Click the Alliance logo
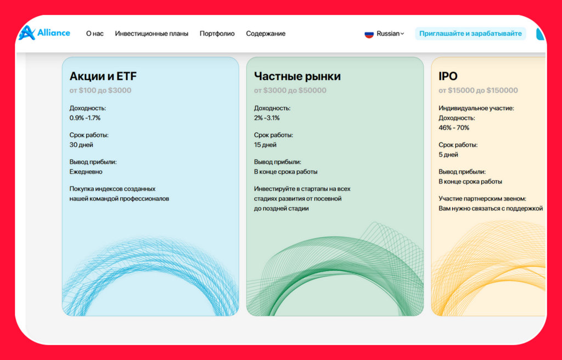point(44,33)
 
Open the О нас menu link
point(94,33)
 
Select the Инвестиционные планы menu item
point(151,33)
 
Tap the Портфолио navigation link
point(217,33)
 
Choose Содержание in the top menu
point(266,33)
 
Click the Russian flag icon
point(369,34)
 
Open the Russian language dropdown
point(390,33)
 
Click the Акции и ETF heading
point(103,76)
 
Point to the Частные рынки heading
point(297,76)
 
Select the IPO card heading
point(448,76)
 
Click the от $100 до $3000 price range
point(100,91)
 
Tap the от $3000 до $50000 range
point(290,91)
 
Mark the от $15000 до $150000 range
point(478,91)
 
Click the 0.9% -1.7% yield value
point(85,117)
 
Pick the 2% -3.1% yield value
point(267,117)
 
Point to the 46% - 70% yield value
point(454,128)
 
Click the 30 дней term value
point(81,145)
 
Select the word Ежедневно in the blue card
point(86,172)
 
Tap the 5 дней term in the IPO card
point(448,155)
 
